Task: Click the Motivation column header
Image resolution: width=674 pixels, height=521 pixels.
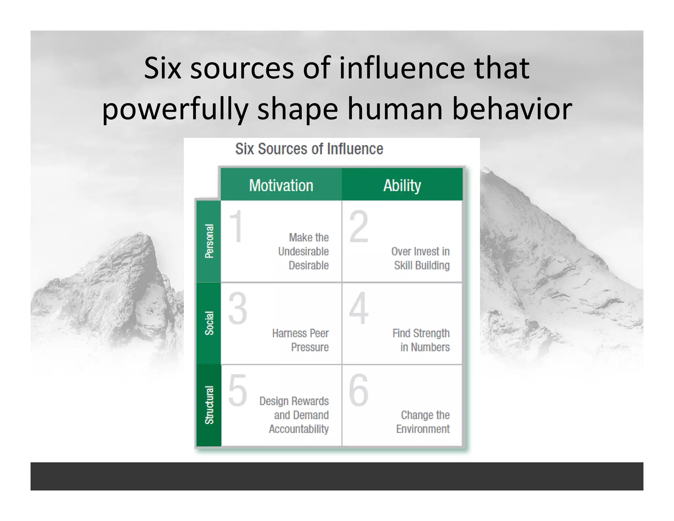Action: click(x=281, y=185)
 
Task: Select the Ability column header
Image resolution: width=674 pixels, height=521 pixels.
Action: click(x=402, y=185)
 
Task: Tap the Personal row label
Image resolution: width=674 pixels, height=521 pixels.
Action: click(x=209, y=241)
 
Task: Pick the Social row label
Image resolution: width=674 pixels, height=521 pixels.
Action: click(x=209, y=323)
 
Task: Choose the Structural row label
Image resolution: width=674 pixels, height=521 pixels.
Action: click(x=209, y=405)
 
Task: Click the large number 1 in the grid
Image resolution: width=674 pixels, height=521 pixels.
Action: click(x=236, y=227)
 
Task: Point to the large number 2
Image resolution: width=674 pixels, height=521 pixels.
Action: click(x=358, y=227)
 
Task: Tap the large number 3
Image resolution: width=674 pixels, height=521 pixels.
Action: click(x=238, y=309)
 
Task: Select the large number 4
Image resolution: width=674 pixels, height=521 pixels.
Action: click(x=358, y=309)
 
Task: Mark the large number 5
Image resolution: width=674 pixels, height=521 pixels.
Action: click(x=238, y=390)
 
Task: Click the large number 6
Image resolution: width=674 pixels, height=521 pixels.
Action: click(x=358, y=390)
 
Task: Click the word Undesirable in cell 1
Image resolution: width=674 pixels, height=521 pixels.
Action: click(x=303, y=252)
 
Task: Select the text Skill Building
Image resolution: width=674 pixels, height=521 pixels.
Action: click(x=422, y=265)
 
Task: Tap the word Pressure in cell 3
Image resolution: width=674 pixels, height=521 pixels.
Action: click(x=310, y=347)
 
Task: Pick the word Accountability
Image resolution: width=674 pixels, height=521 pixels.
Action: click(x=299, y=429)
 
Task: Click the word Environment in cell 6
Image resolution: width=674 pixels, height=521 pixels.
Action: click(x=423, y=429)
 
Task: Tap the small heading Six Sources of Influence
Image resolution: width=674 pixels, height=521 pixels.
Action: click(x=309, y=149)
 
